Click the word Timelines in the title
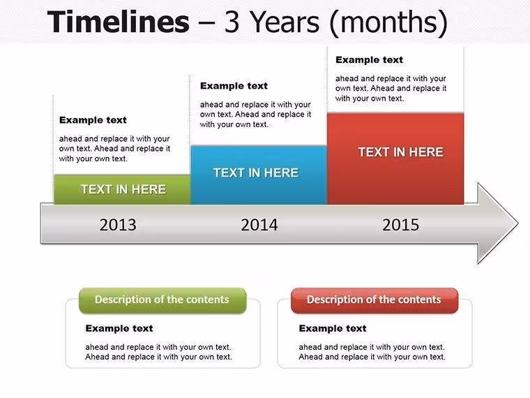click(x=119, y=22)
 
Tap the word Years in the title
click(x=285, y=22)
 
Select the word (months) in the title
click(x=388, y=23)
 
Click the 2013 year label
click(x=118, y=225)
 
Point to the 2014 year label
click(x=259, y=225)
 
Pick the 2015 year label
click(x=400, y=225)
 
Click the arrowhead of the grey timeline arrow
click(x=497, y=223)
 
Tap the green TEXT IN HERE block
click(x=122, y=189)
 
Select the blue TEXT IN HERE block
click(x=259, y=175)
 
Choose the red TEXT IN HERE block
click(x=395, y=159)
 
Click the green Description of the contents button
click(x=162, y=300)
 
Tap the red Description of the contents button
click(x=374, y=300)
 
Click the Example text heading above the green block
click(x=93, y=120)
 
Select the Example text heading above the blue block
click(x=234, y=86)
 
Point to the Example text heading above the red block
click(x=370, y=60)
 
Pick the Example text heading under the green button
click(x=119, y=328)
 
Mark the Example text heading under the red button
click(x=333, y=328)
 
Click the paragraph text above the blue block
click(x=255, y=115)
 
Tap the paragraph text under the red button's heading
click(x=372, y=352)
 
